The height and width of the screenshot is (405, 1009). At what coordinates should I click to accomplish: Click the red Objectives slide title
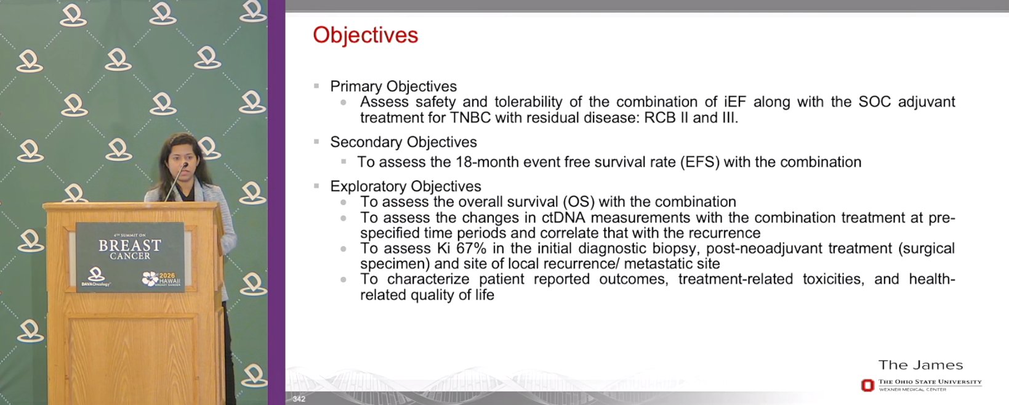click(x=365, y=35)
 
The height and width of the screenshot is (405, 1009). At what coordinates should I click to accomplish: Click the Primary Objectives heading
click(x=393, y=86)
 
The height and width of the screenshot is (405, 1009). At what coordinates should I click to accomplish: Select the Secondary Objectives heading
click(x=403, y=142)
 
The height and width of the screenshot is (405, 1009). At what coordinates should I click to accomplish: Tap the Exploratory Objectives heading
click(x=406, y=186)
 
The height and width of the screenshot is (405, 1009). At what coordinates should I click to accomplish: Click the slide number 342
click(x=299, y=399)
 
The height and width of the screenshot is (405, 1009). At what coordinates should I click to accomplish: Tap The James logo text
click(x=920, y=365)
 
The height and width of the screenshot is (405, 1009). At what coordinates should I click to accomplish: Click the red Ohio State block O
click(x=867, y=385)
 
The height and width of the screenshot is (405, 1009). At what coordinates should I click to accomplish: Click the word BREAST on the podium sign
click(x=130, y=245)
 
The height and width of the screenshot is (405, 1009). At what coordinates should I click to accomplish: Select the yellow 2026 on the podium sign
click(x=167, y=276)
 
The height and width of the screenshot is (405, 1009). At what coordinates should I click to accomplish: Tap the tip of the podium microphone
click(x=185, y=165)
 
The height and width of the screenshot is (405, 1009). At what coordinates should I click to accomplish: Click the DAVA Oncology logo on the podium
click(x=95, y=276)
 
